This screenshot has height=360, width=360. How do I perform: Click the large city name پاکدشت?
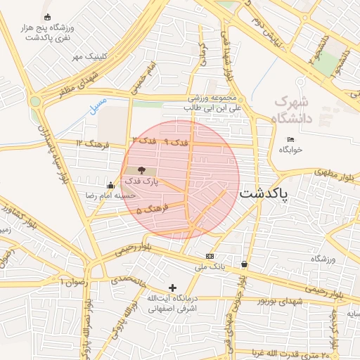[x=264, y=193]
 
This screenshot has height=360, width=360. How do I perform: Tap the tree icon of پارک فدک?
[x=141, y=170]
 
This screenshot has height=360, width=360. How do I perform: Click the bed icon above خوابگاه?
[x=291, y=140]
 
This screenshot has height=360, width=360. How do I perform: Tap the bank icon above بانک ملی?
[x=210, y=256]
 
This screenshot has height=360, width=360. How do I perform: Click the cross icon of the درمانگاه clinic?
[x=173, y=288]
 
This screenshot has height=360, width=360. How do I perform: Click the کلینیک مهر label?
[x=91, y=56]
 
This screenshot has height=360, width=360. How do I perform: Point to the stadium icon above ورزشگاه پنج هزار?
[x=47, y=17]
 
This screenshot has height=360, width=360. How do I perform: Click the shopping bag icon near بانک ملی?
[x=244, y=264]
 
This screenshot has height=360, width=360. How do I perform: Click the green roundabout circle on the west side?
[x=35, y=101]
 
